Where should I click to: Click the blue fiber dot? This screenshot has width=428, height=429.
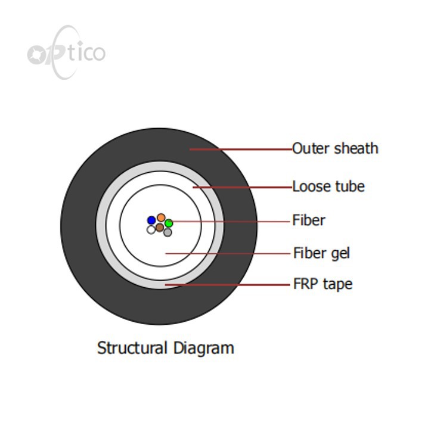(151, 220)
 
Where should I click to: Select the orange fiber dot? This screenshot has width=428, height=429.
(161, 217)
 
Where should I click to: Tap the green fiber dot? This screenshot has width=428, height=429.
(169, 223)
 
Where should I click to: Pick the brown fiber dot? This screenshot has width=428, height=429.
(160, 227)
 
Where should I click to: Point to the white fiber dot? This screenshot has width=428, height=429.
(151, 229)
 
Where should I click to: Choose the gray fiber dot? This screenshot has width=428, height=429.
(168, 232)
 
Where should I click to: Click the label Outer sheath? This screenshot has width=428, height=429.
(335, 148)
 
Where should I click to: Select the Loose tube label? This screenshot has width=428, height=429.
(328, 186)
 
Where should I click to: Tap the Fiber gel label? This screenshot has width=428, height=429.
(321, 253)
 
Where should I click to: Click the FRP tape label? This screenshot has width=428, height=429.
(322, 284)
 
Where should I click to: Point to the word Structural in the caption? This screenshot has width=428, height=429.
(132, 348)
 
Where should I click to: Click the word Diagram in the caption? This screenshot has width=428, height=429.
(204, 349)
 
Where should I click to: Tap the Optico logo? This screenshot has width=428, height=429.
(66, 52)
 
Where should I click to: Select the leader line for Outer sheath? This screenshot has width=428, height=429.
(241, 150)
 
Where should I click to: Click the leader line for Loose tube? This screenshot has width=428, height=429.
(243, 188)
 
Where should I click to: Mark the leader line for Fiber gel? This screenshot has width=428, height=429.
(228, 254)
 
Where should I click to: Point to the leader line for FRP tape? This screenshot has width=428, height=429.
(227, 285)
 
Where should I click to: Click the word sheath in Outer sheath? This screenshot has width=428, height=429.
(356, 148)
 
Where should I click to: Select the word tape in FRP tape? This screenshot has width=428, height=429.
(338, 285)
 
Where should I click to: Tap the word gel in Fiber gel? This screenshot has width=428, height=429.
(340, 254)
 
